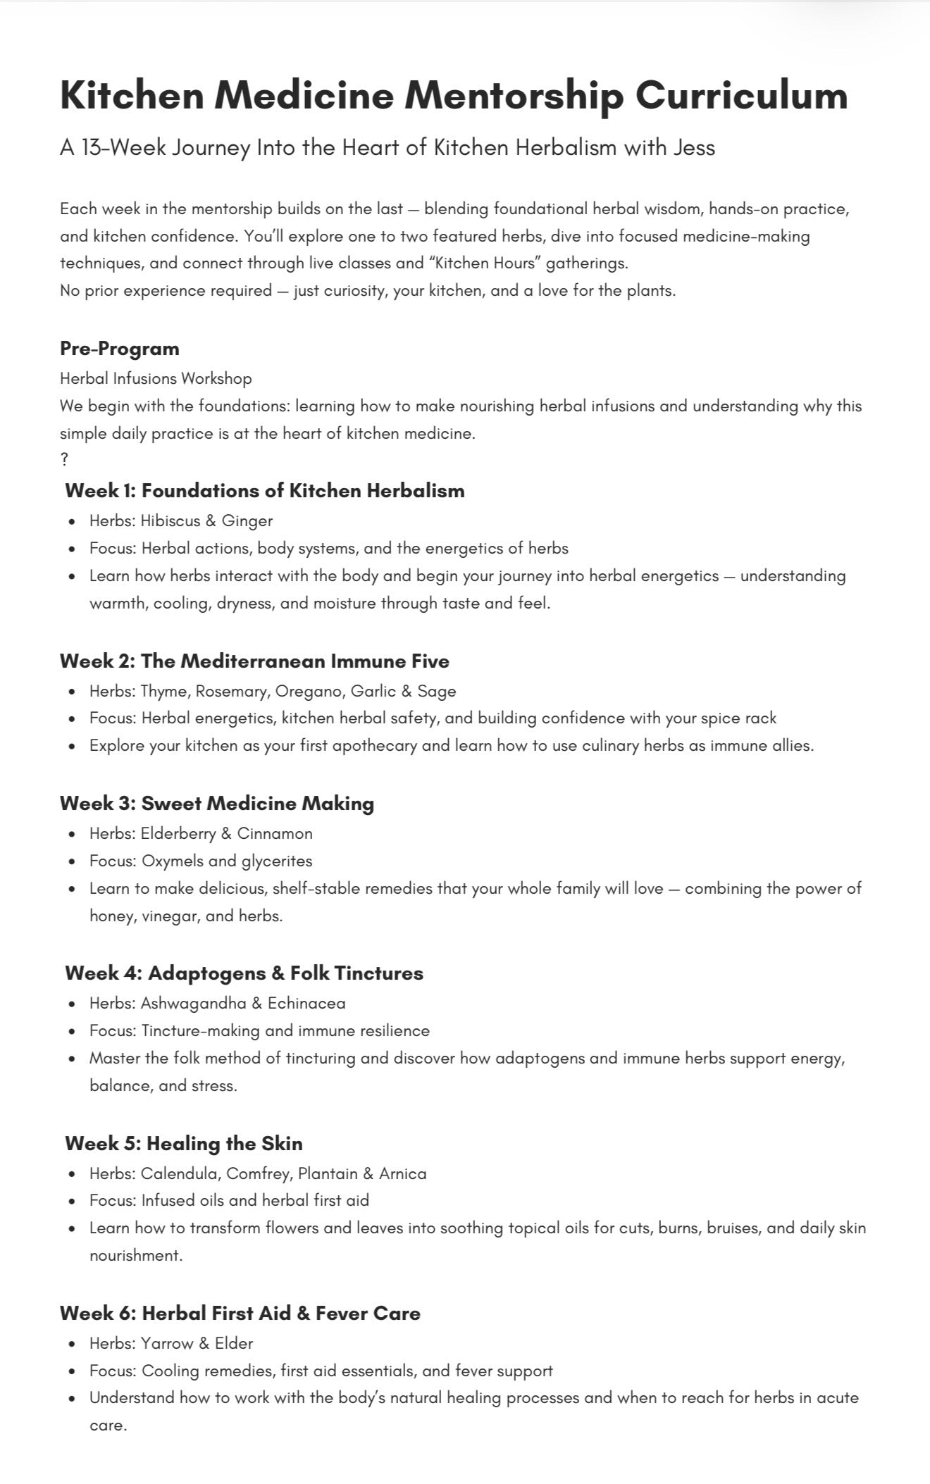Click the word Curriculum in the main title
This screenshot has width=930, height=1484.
point(742,96)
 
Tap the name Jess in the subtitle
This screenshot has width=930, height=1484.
point(694,148)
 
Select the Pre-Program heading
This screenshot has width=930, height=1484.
point(120,349)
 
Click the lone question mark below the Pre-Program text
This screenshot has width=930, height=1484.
point(64,460)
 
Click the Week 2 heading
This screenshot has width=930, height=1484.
point(254,661)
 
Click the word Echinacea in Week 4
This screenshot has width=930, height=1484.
point(306,1003)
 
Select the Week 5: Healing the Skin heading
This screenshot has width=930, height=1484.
point(184,1143)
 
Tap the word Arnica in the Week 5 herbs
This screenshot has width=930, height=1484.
point(403,1173)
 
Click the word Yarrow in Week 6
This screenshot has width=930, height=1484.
point(166,1343)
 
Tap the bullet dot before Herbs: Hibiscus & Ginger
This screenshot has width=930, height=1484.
point(73,522)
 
